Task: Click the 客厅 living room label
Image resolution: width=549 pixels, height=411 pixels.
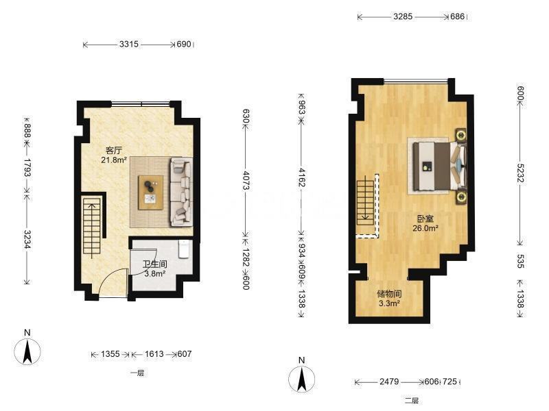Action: coord(113,151)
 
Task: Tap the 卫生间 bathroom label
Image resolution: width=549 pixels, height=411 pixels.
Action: coord(155,264)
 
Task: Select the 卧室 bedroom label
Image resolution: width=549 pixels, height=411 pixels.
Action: coord(425,219)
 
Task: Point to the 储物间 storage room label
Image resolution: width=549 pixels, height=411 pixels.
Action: coord(389,294)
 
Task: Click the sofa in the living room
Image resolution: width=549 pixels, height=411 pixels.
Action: coord(181,192)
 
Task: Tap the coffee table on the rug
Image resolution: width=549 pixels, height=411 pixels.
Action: coord(150,192)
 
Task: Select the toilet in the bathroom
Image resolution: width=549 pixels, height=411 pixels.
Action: coord(184,249)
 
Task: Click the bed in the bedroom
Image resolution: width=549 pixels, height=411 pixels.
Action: coord(439,166)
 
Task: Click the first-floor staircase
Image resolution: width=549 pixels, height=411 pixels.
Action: coord(92,227)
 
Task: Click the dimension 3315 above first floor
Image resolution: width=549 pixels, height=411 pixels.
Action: coord(129,45)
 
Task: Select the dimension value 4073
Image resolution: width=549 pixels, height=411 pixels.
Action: coord(246,180)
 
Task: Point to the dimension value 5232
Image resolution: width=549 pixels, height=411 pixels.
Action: coord(520,173)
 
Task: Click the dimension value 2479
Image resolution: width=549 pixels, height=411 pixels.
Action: coord(389,382)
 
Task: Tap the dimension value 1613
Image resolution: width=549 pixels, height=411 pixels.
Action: coord(154,354)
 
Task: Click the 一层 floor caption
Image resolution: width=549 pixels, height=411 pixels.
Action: coord(137,373)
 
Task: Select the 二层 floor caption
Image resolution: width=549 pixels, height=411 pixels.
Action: coord(412,401)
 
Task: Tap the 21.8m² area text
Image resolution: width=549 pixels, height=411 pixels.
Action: coord(114,160)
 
